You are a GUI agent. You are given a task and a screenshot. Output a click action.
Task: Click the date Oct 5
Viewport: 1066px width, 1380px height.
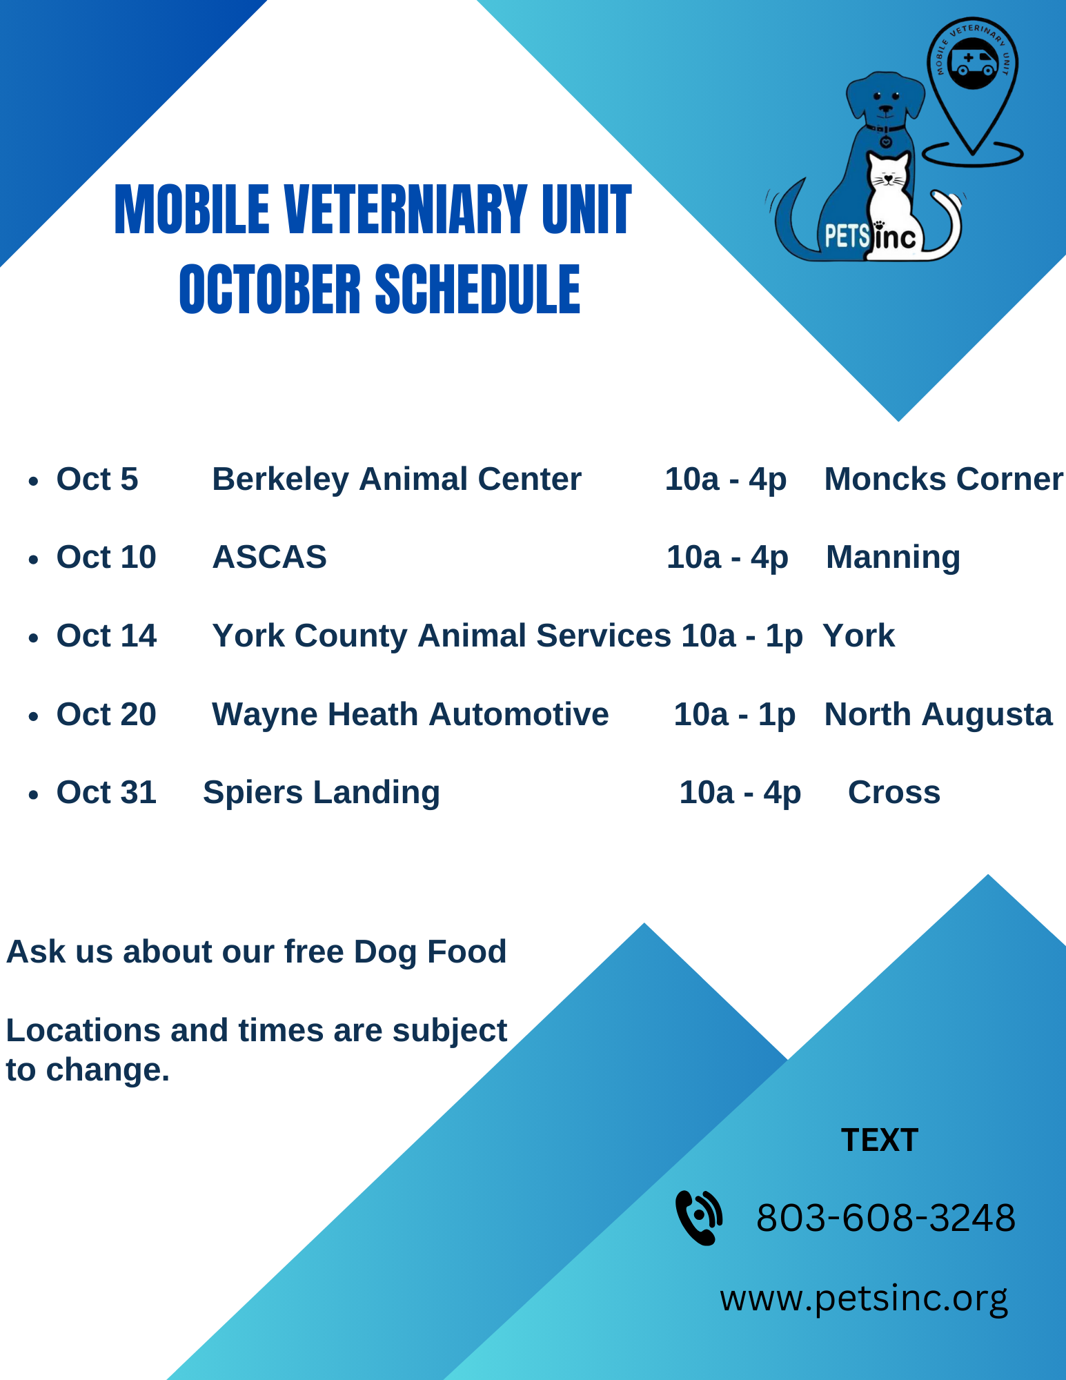tap(97, 480)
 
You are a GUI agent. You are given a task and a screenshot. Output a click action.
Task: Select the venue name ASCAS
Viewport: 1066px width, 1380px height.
tap(269, 558)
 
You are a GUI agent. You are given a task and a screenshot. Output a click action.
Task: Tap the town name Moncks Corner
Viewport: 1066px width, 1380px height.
tap(943, 480)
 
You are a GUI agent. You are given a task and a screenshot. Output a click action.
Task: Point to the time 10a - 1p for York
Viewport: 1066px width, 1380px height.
tap(742, 636)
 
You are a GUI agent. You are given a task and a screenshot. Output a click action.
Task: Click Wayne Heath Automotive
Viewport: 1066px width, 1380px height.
tap(410, 715)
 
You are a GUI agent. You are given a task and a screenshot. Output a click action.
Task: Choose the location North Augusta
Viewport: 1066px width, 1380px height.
tap(938, 715)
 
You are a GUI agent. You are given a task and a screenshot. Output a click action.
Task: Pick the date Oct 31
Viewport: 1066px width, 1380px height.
tap(106, 793)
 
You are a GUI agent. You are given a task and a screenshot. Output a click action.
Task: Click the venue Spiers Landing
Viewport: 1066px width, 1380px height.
tap(322, 793)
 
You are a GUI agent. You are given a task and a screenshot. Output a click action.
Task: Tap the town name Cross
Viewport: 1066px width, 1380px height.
tap(894, 793)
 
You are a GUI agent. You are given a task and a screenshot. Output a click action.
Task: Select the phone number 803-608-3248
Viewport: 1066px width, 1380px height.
tap(885, 1218)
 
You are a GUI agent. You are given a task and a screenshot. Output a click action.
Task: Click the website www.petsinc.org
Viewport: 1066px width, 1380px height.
tap(864, 1299)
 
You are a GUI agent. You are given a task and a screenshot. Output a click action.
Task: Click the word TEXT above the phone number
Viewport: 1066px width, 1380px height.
tap(879, 1140)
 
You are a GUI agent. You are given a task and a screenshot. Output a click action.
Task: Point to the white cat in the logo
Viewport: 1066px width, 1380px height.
tap(889, 200)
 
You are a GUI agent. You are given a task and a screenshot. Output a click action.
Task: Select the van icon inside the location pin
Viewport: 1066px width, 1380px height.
tap(973, 63)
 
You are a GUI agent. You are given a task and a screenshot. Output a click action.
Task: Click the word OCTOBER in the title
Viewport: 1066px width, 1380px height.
tap(270, 290)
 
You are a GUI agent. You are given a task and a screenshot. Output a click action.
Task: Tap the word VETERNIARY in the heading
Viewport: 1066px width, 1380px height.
tap(406, 210)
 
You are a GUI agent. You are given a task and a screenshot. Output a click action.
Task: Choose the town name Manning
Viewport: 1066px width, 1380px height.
tap(893, 558)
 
